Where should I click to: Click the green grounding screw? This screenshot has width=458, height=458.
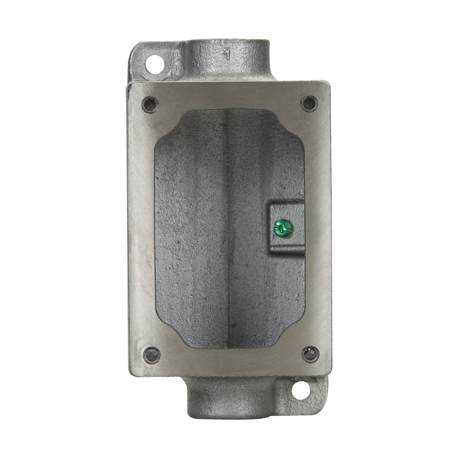283,228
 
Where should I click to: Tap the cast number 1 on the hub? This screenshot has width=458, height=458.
227,55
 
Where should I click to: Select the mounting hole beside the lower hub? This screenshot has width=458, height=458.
301,391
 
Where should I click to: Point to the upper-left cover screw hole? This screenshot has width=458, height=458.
150,105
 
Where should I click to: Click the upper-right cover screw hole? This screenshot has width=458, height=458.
309,104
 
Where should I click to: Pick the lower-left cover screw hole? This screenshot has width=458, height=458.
152,355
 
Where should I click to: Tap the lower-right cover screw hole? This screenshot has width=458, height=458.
310,354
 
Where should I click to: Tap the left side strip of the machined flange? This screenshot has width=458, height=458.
141,228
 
